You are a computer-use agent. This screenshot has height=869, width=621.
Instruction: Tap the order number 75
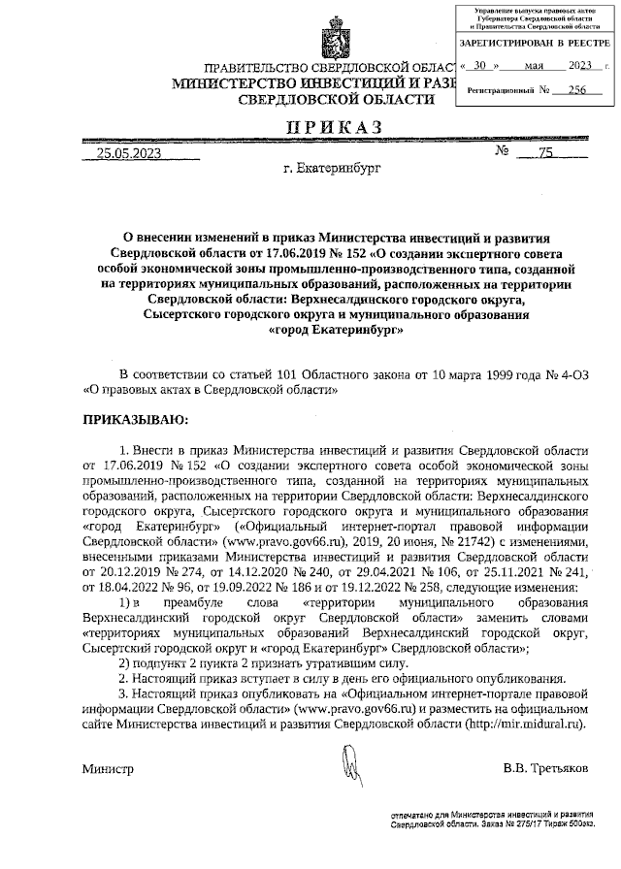[x=544, y=152]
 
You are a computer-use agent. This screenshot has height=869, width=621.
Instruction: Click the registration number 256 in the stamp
[x=578, y=89]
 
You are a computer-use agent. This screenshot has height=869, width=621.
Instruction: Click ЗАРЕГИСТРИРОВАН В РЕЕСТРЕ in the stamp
[x=535, y=45]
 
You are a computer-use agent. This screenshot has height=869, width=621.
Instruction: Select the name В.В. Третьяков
[x=545, y=768]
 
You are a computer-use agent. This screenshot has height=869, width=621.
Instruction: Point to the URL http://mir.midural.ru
[x=525, y=724]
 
